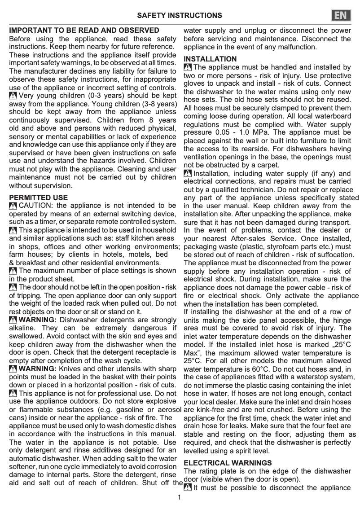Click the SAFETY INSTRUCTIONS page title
[x=180, y=16]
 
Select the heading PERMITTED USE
[x=39, y=197]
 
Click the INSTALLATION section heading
[x=210, y=59]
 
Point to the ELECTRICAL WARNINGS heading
[x=228, y=463]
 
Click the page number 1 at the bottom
[x=179, y=497]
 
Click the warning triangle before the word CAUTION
[x=13, y=206]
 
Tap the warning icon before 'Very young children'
[x=13, y=96]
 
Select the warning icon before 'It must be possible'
[x=188, y=488]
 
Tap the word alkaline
[x=22, y=328]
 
